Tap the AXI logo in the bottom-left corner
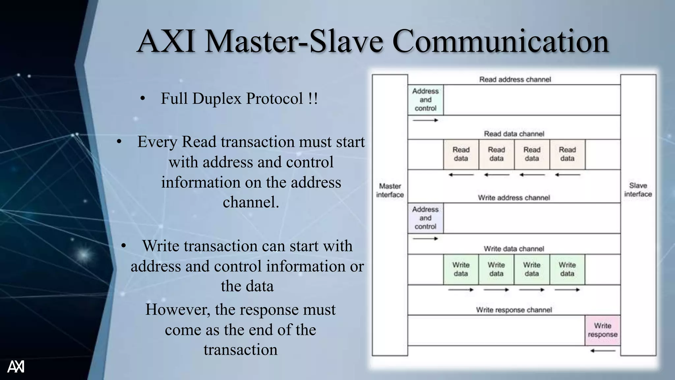coord(16,366)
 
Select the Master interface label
coord(390,190)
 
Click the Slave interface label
coord(638,190)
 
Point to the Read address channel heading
coord(515,79)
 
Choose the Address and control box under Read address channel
coord(426,100)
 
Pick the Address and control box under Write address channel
coord(426,218)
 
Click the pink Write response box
coord(602,330)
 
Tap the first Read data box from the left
coord(461,154)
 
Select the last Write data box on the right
coord(567,269)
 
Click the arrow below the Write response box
coord(602,351)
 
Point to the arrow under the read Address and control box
coord(426,120)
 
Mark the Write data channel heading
coord(514,249)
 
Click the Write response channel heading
coord(514,310)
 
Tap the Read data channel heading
coord(514,134)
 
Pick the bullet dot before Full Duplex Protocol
coord(142,98)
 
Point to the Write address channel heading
coord(514,198)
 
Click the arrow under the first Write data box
coord(461,290)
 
